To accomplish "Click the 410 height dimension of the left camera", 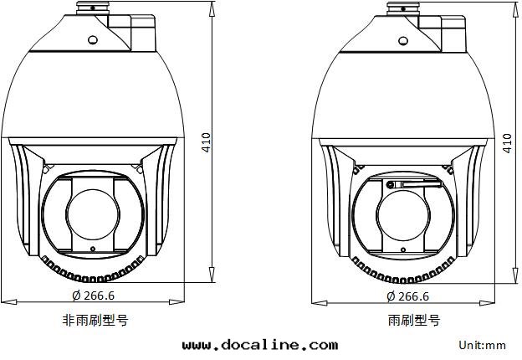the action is point(207,142).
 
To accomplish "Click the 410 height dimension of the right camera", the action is point(507,143).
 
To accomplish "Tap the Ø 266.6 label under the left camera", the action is point(93,296).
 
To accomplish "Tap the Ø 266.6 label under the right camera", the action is point(408,296).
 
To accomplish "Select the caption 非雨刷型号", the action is point(95,321).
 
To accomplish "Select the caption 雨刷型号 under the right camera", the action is point(414,321).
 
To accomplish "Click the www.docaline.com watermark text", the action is point(260,345).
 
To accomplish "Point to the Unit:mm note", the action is point(483,345).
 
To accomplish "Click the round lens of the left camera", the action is point(93,214).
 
